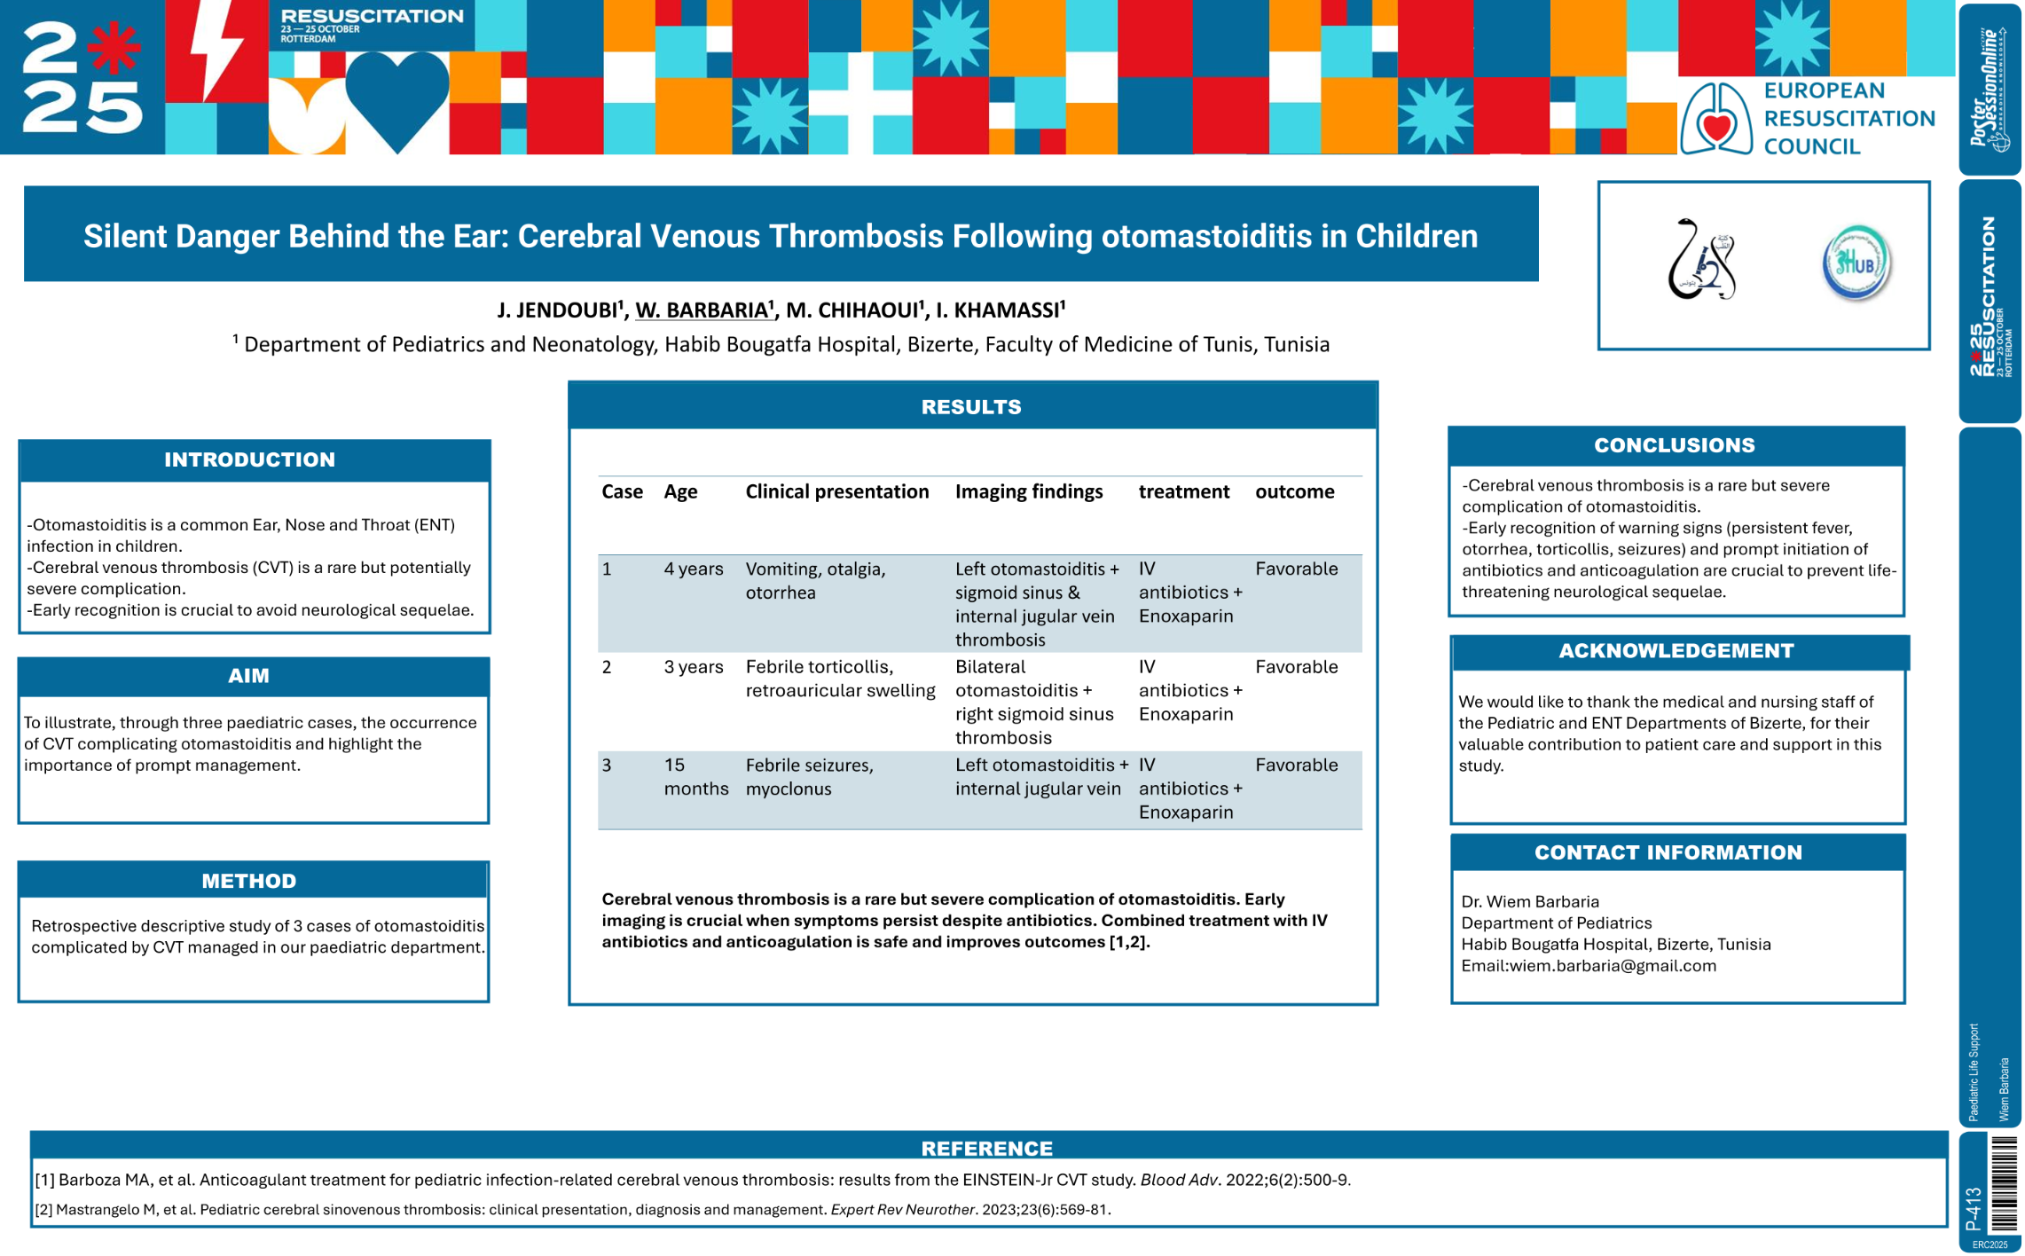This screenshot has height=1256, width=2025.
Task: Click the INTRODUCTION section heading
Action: tap(249, 459)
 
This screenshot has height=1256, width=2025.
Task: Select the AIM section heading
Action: tap(248, 676)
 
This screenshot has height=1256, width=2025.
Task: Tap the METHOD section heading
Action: tap(248, 881)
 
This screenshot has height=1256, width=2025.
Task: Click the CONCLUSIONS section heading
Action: tap(1674, 445)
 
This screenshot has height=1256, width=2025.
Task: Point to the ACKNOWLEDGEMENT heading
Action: tap(1676, 651)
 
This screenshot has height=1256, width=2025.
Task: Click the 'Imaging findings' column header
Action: tap(1028, 491)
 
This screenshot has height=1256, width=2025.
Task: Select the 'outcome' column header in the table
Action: tap(1294, 491)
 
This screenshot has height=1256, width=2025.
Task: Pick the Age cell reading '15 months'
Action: tap(695, 776)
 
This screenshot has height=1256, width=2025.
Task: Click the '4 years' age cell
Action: tap(693, 569)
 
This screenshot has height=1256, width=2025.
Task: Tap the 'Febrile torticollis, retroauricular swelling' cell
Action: tap(839, 679)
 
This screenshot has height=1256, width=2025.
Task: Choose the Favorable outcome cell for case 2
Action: tap(1296, 667)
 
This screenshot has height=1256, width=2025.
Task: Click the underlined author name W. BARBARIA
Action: tap(702, 310)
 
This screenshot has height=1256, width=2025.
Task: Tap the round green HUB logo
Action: tap(1855, 263)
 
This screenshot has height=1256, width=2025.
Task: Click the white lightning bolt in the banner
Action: tap(216, 51)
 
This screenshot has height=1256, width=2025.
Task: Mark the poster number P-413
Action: tap(1974, 1208)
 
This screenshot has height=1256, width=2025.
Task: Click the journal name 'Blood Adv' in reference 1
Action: tap(1178, 1180)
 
